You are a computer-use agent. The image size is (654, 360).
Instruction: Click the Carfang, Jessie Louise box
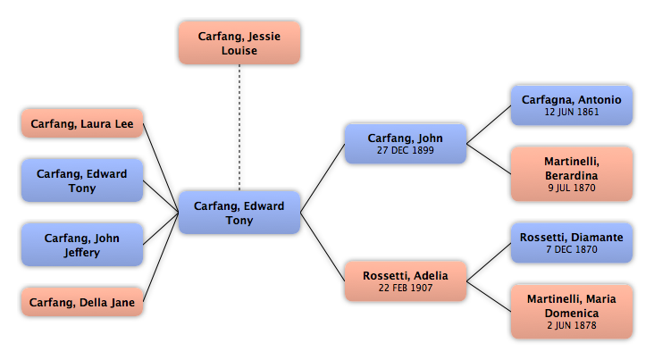coord(239,43)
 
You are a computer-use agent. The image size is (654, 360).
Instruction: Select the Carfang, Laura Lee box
coord(82,123)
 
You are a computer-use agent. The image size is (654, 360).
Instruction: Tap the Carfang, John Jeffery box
coord(82,245)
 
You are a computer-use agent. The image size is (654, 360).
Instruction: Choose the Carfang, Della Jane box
coord(82,302)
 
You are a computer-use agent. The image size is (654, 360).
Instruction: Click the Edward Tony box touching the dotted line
coord(239,213)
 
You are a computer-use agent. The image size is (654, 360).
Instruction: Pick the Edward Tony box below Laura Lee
coord(82,180)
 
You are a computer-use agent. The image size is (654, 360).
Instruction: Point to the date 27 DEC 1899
coord(406,150)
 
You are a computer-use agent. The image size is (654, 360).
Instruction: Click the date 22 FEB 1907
coord(406,288)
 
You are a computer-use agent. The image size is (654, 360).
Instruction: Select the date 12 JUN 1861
coord(572,112)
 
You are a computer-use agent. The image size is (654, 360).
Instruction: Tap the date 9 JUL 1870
coord(572,188)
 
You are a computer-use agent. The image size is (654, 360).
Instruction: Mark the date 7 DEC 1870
coord(572,249)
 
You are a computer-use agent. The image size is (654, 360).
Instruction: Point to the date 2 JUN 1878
coord(572,325)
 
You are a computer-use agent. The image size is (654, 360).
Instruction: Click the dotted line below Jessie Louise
coord(239,128)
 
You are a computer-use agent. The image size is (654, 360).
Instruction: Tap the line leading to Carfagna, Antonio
coord(489,125)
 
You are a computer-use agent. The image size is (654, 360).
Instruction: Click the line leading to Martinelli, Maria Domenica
coord(489,297)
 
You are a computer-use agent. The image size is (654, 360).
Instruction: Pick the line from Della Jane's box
coord(161,257)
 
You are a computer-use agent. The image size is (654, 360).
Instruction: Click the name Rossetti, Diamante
coord(572,238)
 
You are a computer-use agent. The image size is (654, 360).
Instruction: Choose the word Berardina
coord(572,176)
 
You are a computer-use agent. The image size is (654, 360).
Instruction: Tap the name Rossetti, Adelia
coord(406,276)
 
